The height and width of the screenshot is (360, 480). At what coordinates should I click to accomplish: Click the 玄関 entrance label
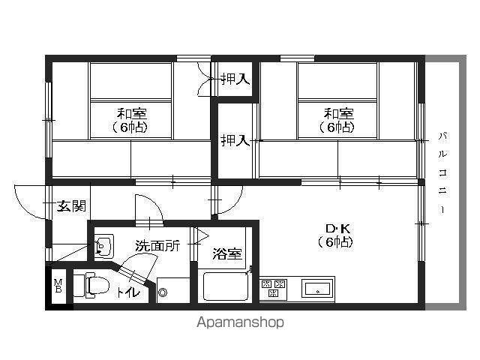(x=72, y=206)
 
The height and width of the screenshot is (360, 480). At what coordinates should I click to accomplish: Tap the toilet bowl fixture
(x=97, y=286)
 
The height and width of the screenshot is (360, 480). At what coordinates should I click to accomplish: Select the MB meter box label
(x=58, y=286)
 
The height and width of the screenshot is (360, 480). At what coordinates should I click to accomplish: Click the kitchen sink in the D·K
(x=317, y=288)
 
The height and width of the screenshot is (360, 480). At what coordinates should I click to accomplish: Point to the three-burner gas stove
(x=273, y=288)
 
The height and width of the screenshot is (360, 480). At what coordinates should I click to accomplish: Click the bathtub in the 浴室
(x=226, y=286)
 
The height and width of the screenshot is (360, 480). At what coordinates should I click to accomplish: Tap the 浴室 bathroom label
(x=227, y=253)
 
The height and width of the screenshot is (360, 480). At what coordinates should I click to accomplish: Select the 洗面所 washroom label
(x=157, y=245)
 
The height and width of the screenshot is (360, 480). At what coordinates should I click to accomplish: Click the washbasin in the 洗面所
(x=103, y=246)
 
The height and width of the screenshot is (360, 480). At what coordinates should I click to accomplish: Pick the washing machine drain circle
(x=163, y=292)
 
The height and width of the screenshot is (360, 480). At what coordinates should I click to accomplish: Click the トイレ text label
(x=127, y=293)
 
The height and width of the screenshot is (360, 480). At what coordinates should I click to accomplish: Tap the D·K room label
(x=338, y=228)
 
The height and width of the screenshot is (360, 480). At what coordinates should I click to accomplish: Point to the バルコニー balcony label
(x=442, y=173)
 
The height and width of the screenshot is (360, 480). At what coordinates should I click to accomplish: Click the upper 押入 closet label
(x=235, y=79)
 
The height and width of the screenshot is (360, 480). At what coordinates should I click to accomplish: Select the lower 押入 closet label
(x=235, y=140)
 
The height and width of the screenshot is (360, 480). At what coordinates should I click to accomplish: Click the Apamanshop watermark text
(x=240, y=322)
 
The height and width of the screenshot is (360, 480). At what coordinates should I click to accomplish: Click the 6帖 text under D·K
(x=335, y=242)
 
